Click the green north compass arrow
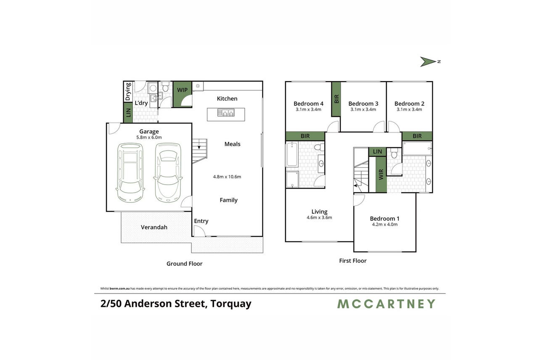[427, 62]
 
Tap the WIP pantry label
[182, 90]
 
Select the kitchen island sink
[226, 113]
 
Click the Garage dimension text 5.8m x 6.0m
[149, 138]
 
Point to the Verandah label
[154, 227]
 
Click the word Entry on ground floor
[201, 221]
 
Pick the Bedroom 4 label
[308, 104]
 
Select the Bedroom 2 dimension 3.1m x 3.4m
[409, 109]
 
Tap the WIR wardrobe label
[381, 175]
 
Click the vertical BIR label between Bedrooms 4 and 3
[337, 99]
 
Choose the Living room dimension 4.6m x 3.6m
[319, 217]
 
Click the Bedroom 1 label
[384, 219]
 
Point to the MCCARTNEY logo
[386, 304]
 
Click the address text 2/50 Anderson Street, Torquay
[176, 304]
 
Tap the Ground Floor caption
[185, 264]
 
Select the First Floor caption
[353, 261]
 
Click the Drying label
[128, 92]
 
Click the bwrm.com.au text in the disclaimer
[119, 289]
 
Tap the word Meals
[233, 144]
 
